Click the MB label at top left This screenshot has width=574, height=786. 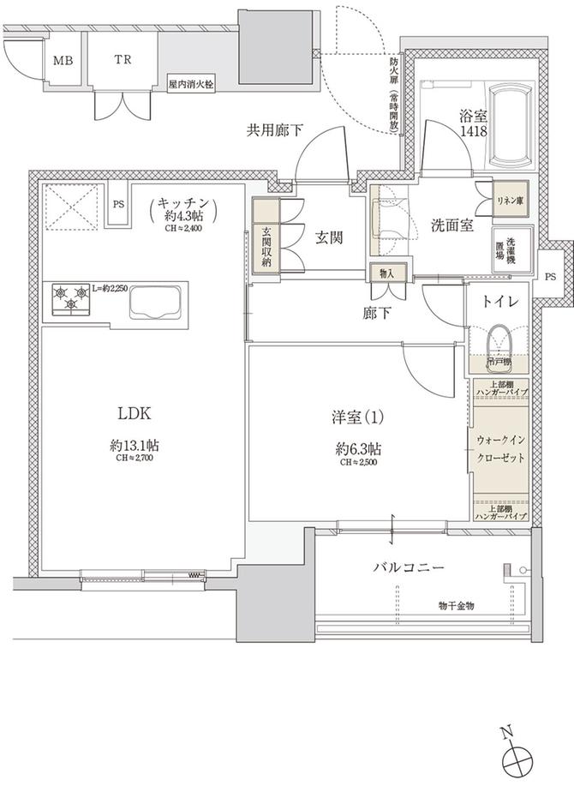62,61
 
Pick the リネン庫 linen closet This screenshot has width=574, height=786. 509,199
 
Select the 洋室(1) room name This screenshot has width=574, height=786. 358,417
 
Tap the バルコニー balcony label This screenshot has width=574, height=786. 408,567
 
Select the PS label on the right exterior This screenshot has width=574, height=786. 550,277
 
